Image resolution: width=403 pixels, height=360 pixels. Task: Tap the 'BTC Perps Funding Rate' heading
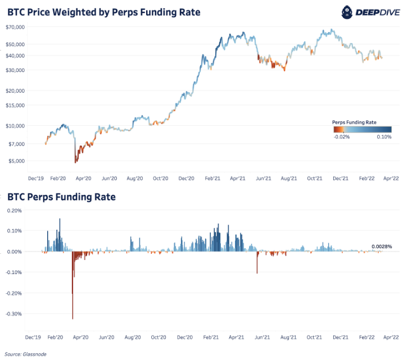click(61, 197)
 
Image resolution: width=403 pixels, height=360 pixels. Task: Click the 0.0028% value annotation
click(382, 247)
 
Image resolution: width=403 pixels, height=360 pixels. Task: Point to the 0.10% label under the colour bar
click(384, 136)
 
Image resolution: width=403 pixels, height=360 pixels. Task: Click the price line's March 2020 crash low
click(75, 161)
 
